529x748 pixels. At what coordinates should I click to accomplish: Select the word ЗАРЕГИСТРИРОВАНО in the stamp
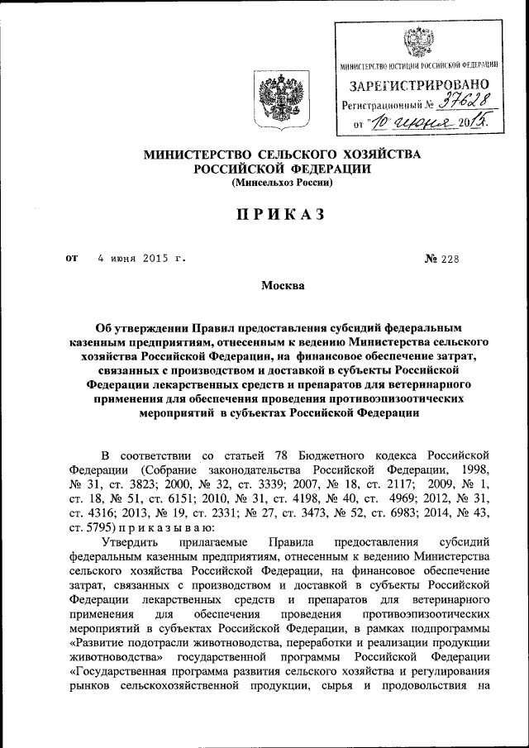420,85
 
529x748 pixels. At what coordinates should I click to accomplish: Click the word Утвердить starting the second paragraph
126,542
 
